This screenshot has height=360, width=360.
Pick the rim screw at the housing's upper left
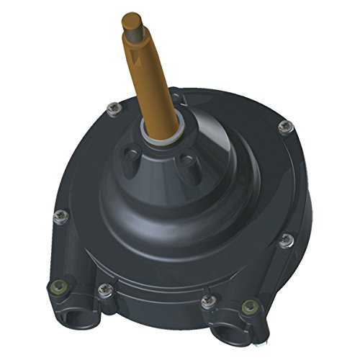tap(112, 108)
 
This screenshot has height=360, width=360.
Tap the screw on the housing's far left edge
tap(60, 214)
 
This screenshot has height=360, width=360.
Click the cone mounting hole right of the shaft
tap(188, 159)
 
